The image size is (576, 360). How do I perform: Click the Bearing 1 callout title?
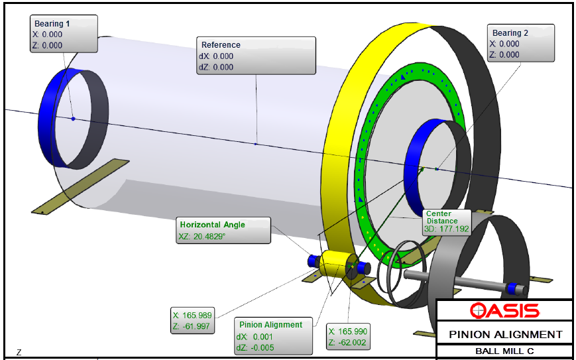tap(52, 23)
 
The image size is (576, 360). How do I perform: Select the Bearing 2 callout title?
tap(510, 32)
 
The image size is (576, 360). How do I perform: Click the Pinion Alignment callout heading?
tap(270, 324)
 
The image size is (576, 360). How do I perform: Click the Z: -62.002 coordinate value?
tap(348, 341)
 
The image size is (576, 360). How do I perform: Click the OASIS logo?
tap(504, 310)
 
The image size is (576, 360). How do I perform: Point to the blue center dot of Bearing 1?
tap(73, 119)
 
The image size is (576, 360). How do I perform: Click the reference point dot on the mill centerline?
tap(256, 143)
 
